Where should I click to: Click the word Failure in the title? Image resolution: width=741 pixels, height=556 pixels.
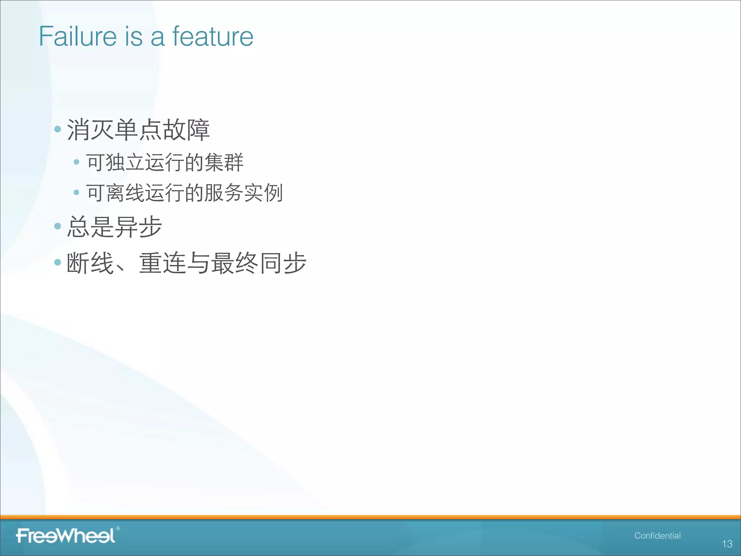click(x=77, y=37)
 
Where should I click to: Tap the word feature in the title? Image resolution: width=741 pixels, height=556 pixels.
click(x=213, y=37)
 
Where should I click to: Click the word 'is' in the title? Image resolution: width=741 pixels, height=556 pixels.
click(x=134, y=37)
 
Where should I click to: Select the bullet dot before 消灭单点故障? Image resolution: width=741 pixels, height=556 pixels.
click(x=58, y=129)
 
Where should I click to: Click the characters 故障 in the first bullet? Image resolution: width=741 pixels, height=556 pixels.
click(x=186, y=130)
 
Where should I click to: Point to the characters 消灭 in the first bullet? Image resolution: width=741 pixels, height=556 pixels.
click(x=90, y=130)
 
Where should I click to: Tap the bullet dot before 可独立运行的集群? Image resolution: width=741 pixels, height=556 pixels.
click(x=76, y=162)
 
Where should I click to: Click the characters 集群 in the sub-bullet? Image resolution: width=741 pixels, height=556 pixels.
click(x=224, y=162)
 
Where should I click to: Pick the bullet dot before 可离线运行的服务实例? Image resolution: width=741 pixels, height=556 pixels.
click(x=76, y=192)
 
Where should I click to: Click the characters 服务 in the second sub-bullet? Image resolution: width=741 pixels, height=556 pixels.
click(x=224, y=193)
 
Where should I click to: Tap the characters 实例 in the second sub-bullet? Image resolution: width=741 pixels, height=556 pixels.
click(x=263, y=193)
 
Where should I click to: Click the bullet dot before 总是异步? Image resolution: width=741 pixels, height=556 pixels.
click(x=58, y=226)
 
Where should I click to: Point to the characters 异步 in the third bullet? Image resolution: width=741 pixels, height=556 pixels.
click(x=138, y=227)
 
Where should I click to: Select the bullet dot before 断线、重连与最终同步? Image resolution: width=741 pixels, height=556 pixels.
click(x=58, y=262)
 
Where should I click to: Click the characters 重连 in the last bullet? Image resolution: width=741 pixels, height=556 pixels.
click(x=162, y=263)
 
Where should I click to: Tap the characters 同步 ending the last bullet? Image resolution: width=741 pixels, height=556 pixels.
click(x=283, y=263)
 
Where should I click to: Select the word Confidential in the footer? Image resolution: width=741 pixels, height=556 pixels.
click(x=657, y=536)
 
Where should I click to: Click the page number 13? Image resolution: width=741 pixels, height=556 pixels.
click(x=727, y=544)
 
